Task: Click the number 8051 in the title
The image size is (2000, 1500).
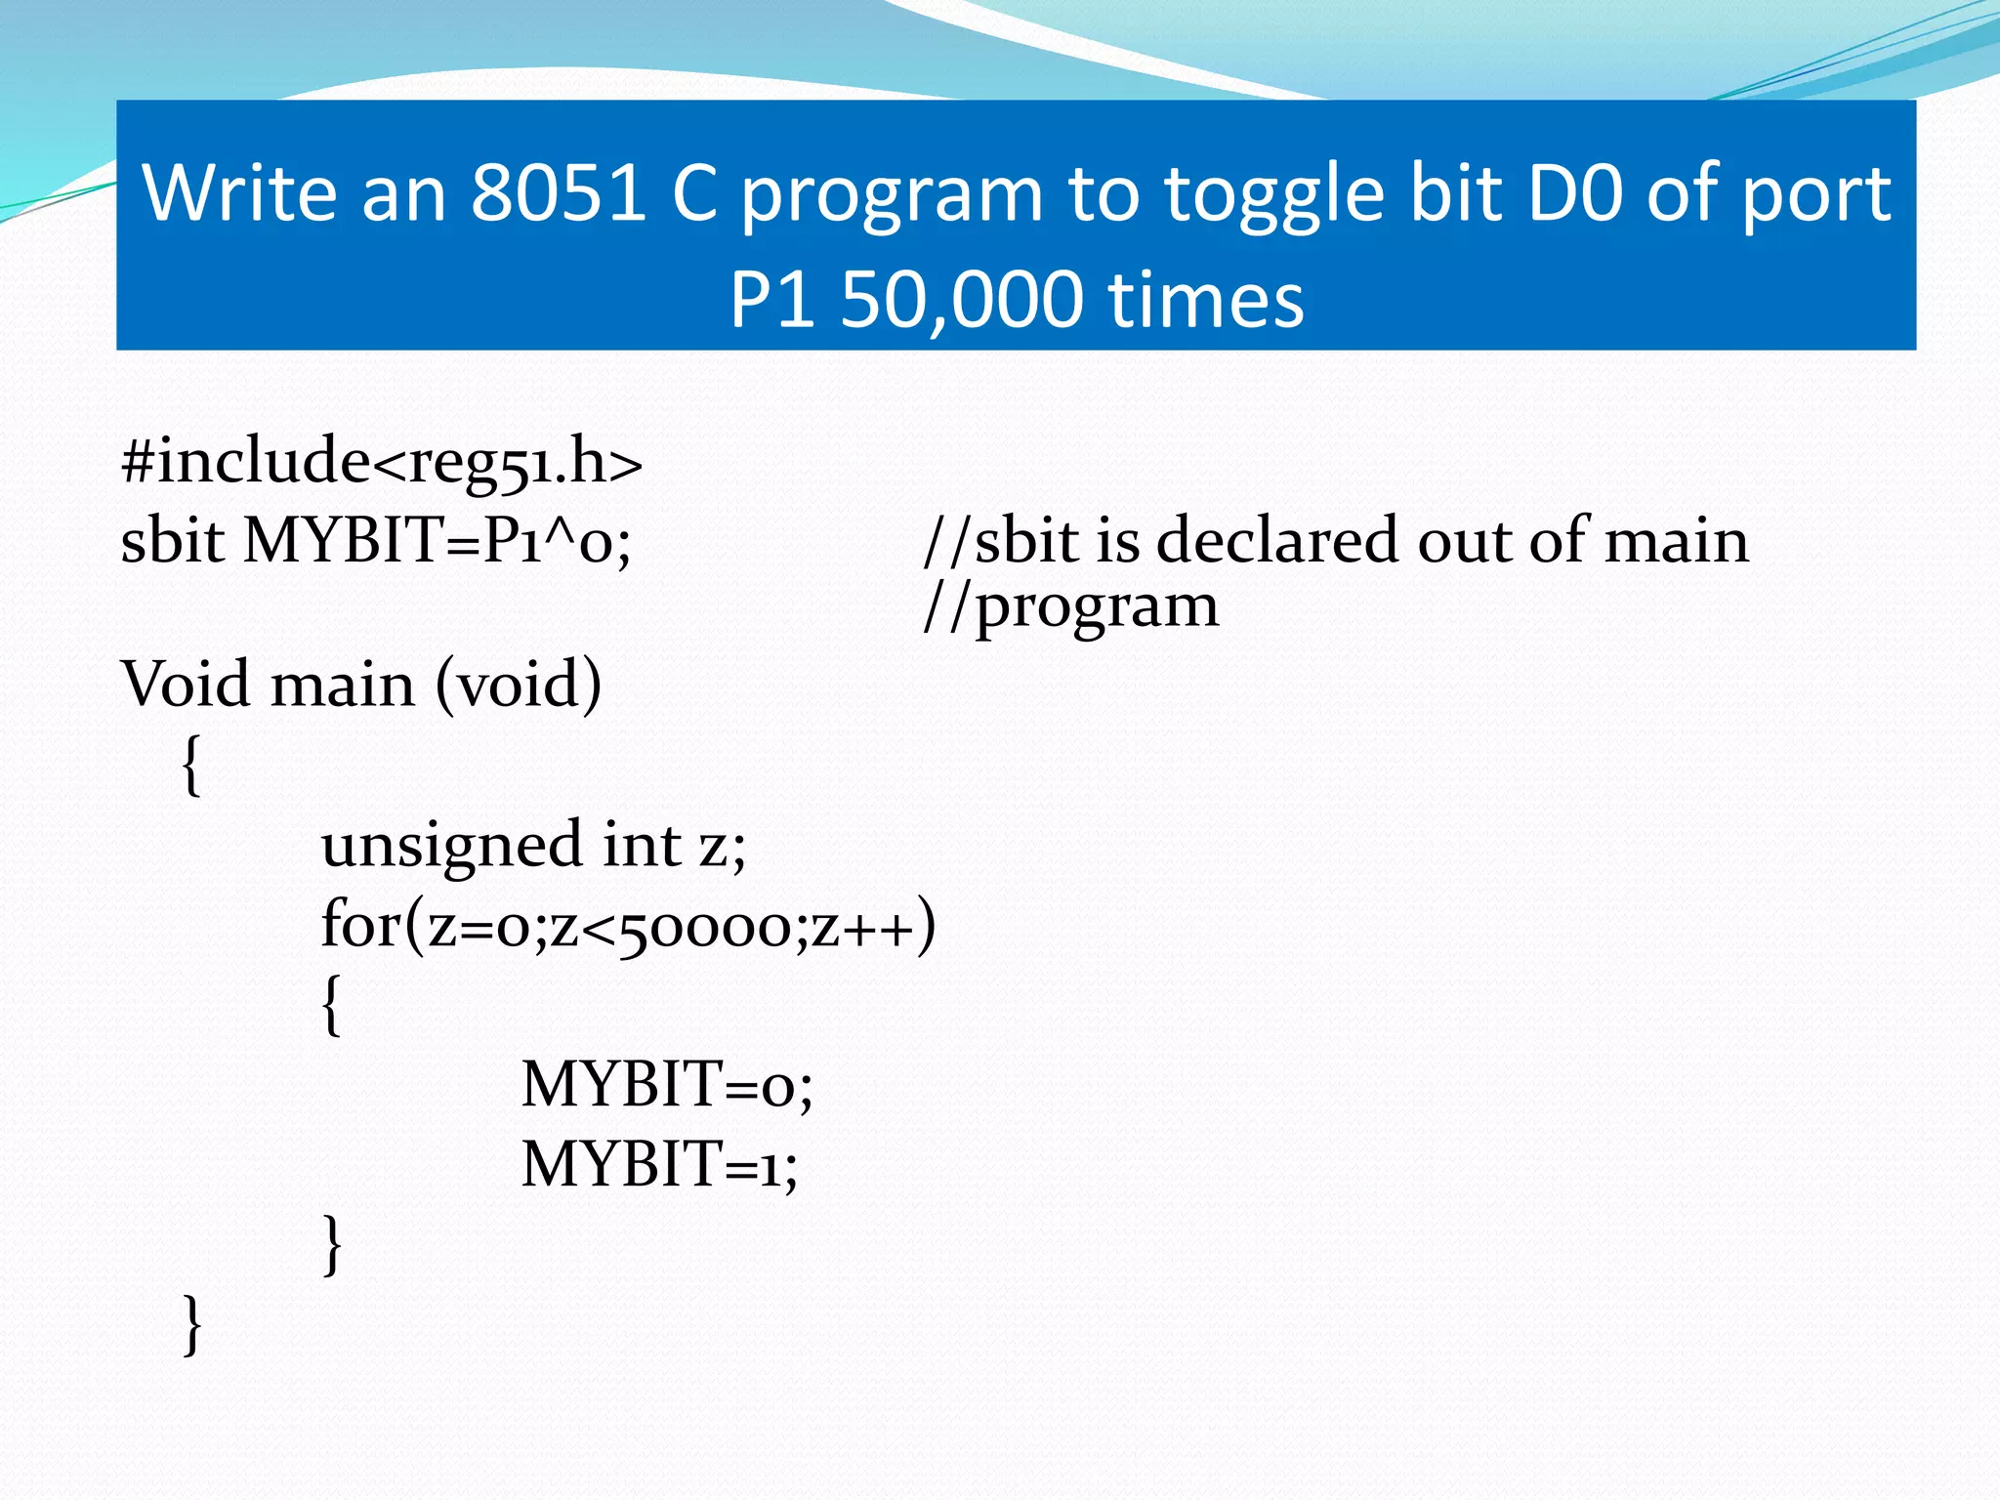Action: click(x=558, y=192)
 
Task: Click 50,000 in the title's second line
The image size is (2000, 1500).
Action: click(x=961, y=299)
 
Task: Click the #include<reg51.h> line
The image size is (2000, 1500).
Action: click(x=382, y=461)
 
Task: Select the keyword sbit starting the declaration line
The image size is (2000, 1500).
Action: click(x=173, y=540)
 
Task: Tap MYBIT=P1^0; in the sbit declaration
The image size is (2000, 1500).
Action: click(x=437, y=540)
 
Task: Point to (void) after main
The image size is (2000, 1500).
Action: click(x=518, y=684)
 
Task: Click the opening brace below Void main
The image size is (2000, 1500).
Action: click(x=192, y=766)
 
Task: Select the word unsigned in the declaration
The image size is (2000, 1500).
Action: click(x=452, y=846)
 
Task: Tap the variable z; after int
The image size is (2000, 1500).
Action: click(x=723, y=846)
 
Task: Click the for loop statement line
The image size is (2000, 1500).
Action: click(x=628, y=925)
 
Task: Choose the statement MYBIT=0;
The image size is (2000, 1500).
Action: click(x=666, y=1085)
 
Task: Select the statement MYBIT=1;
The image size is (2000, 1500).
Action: click(x=659, y=1164)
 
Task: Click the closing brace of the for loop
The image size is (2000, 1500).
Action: click(x=332, y=1244)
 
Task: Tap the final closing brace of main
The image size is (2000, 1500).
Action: click(x=192, y=1324)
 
